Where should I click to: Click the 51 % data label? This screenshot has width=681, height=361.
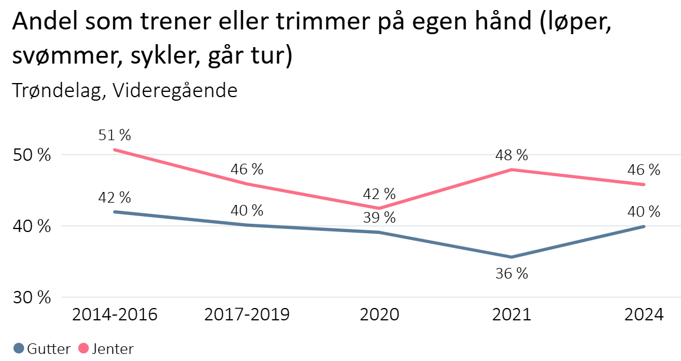pyautogui.click(x=115, y=135)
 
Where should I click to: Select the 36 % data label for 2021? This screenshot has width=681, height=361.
pyautogui.click(x=512, y=274)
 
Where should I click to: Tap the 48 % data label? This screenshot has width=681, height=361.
pyautogui.click(x=512, y=155)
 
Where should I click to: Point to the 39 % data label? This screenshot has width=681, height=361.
pyautogui.click(x=379, y=217)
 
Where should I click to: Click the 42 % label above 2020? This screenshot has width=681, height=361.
pyautogui.click(x=379, y=194)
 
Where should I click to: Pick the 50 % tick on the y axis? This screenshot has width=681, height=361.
pyautogui.click(x=32, y=155)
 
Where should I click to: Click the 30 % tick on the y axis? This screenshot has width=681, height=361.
pyautogui.click(x=32, y=297)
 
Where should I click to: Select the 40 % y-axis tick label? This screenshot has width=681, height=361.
pyautogui.click(x=32, y=227)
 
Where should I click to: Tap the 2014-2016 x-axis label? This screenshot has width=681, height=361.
pyautogui.click(x=114, y=314)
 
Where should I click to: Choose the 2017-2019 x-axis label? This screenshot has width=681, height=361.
pyautogui.click(x=247, y=314)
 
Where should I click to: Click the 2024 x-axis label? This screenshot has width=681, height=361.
pyautogui.click(x=644, y=314)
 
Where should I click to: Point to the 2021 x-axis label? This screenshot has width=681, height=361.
pyautogui.click(x=512, y=314)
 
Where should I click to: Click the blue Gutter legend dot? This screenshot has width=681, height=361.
pyautogui.click(x=18, y=349)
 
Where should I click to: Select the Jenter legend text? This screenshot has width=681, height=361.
pyautogui.click(x=113, y=349)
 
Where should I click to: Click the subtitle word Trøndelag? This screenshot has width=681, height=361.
pyautogui.click(x=58, y=91)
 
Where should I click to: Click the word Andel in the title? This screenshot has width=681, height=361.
pyautogui.click(x=43, y=24)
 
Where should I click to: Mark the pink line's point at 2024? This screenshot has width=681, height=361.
pyautogui.click(x=644, y=184)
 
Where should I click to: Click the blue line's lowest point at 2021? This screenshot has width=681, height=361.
pyautogui.click(x=512, y=257)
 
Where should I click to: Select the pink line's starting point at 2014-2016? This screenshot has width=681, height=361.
pyautogui.click(x=114, y=150)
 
